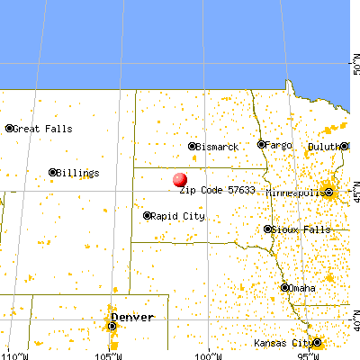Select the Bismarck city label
coord(217,146)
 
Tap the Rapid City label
coord(176,216)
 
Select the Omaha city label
coord(303,288)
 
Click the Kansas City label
coord(287,343)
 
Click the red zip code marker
coord(181,180)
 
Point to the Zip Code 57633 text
coord(213,191)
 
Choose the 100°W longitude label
coord(209,354)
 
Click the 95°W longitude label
coord(307,354)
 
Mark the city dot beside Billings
coord(53,172)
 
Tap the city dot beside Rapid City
coord(147,216)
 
